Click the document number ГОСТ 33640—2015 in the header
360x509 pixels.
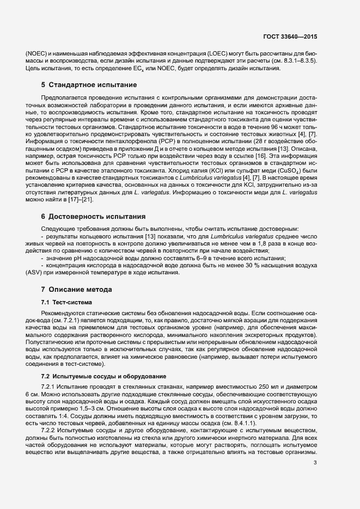289,37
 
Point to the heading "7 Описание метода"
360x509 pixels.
76,289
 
